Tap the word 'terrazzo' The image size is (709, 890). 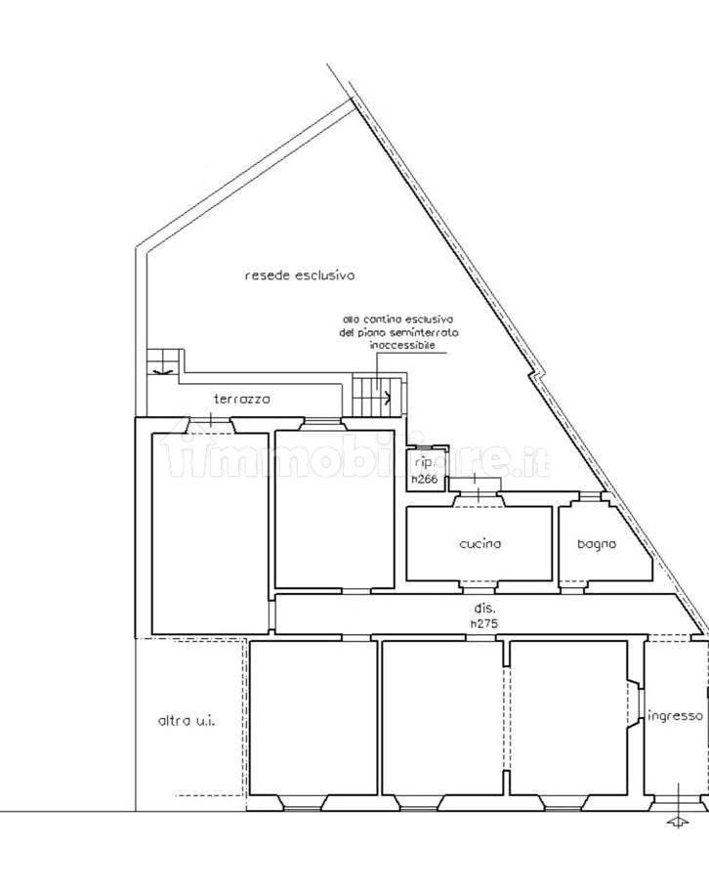coord(242,399)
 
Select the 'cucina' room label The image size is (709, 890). coord(480,544)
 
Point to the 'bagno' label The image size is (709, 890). coord(596,544)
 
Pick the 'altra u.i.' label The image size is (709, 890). coord(186,722)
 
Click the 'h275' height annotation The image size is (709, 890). coord(485,623)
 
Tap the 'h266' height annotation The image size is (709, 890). coord(423,479)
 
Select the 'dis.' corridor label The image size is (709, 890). coord(485,609)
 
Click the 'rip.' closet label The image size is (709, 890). coord(423,463)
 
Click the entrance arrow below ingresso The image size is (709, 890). coord(676,822)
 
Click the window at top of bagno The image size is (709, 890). coord(587,499)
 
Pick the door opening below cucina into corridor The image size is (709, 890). coord(478,588)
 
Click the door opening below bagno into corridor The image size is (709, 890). coord(573,588)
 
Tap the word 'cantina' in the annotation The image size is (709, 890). coord(384,319)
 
